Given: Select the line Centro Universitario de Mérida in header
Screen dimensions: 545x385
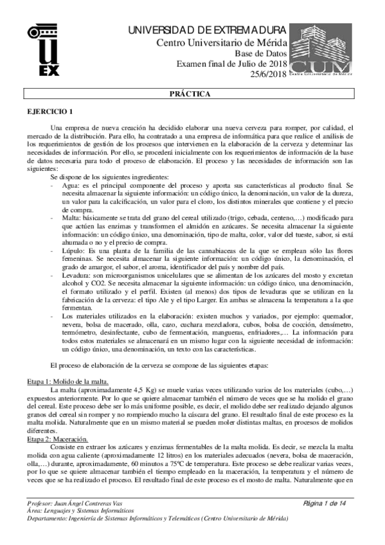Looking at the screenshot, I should click(222, 42).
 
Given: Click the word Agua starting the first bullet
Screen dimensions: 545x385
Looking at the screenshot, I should click(71, 184).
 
